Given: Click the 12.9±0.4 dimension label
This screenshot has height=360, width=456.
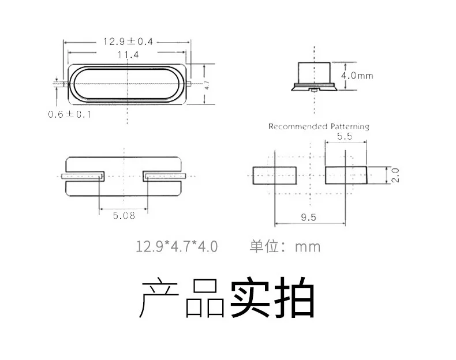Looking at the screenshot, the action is click(128, 42).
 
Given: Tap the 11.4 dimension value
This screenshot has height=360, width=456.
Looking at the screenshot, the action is click(128, 55).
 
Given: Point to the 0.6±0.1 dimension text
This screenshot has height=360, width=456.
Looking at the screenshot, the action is click(69, 114).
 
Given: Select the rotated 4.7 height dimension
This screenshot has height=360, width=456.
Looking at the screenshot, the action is click(207, 85).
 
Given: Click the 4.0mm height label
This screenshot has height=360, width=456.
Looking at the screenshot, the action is click(357, 76).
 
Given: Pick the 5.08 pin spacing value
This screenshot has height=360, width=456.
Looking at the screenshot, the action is click(124, 216).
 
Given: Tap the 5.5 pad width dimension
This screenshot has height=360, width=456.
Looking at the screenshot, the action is click(345, 136).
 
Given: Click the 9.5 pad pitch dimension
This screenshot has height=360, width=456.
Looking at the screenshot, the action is click(309, 217).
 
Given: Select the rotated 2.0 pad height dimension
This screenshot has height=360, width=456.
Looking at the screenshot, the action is click(395, 175).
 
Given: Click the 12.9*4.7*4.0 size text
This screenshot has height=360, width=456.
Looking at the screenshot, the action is click(177, 246).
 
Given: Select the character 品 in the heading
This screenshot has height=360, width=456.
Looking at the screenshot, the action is click(205, 298).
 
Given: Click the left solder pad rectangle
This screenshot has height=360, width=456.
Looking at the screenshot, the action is click(275, 175).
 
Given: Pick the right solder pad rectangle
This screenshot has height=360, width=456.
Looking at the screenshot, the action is click(346, 175).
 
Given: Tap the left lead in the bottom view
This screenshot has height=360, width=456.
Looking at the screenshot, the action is click(83, 176).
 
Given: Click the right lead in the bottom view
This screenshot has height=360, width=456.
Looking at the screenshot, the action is click(165, 176).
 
